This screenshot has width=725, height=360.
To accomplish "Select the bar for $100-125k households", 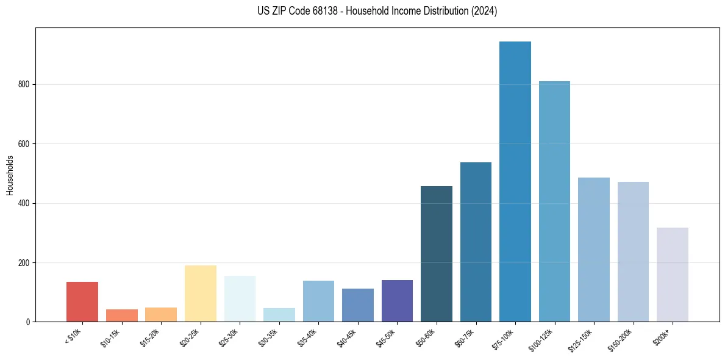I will [x=554, y=201].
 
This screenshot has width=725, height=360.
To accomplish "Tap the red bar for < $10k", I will [x=82, y=301].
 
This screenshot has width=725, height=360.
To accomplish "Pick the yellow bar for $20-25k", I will [x=201, y=293].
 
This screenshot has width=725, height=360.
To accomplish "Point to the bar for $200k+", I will [x=673, y=275].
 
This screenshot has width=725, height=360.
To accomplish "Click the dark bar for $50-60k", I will [x=437, y=254].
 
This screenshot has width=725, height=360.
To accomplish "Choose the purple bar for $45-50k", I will [x=397, y=301].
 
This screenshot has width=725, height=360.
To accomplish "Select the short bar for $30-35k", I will [x=279, y=315].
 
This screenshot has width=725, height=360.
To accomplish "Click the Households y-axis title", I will [x=10, y=175].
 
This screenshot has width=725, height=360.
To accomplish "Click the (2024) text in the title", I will [x=485, y=11].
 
